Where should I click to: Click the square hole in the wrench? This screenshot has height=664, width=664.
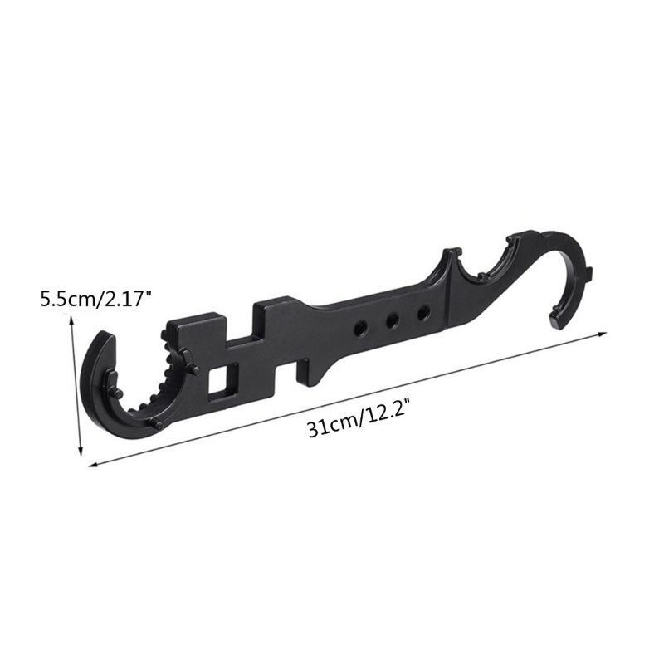coord(223,380)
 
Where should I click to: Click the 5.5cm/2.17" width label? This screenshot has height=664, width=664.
coord(95,300)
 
